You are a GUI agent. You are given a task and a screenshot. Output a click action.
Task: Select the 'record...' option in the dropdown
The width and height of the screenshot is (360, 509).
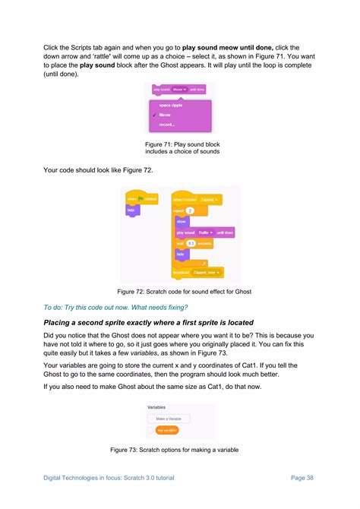click(x=166, y=125)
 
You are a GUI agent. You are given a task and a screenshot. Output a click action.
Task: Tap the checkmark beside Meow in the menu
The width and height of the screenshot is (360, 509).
click(x=154, y=115)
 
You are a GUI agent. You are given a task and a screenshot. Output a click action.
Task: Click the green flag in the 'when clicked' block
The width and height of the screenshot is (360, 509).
click(x=141, y=199)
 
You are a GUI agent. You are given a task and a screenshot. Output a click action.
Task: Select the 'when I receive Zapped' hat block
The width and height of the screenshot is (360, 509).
click(x=195, y=200)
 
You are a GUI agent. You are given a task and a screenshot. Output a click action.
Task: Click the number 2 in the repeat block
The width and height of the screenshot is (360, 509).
click(x=190, y=210)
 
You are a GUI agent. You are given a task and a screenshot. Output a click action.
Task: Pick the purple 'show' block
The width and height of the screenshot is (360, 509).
click(x=182, y=221)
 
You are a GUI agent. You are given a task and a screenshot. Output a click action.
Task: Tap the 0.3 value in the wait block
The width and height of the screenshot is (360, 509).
click(x=191, y=244)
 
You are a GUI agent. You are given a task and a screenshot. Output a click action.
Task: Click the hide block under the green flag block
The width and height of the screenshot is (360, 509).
click(x=131, y=210)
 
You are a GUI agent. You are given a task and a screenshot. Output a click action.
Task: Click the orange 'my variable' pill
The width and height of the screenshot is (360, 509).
click(x=166, y=430)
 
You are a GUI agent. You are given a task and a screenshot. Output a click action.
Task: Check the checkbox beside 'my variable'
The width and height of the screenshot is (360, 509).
click(x=150, y=430)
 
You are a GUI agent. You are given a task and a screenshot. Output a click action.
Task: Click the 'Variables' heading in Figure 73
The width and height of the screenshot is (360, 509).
click(x=156, y=406)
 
